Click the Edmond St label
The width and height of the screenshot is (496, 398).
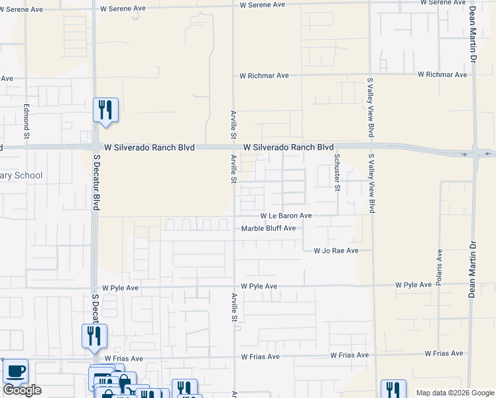(x=27, y=116)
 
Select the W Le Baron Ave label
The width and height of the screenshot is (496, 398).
(x=286, y=216)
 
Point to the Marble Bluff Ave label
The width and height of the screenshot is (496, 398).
(x=269, y=228)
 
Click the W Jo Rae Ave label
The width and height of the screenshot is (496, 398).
(x=336, y=251)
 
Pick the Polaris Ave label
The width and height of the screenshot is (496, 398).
(x=440, y=268)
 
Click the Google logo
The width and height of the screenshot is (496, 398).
(x=22, y=389)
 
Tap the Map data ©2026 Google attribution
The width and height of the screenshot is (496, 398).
(x=454, y=393)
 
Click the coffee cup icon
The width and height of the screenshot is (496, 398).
(x=15, y=371)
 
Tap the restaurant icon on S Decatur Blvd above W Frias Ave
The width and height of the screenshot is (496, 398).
(x=94, y=336)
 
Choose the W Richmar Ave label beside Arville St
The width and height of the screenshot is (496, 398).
(x=264, y=76)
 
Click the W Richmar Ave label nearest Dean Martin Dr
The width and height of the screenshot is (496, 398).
(x=442, y=74)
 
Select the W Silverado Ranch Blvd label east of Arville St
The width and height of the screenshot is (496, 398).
(x=288, y=147)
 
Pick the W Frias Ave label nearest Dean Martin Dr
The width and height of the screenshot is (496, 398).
(x=444, y=354)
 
